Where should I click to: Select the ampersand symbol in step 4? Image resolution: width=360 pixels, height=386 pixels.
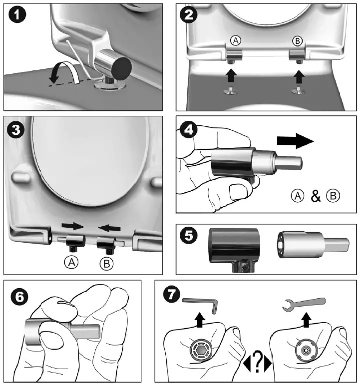(315, 196)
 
